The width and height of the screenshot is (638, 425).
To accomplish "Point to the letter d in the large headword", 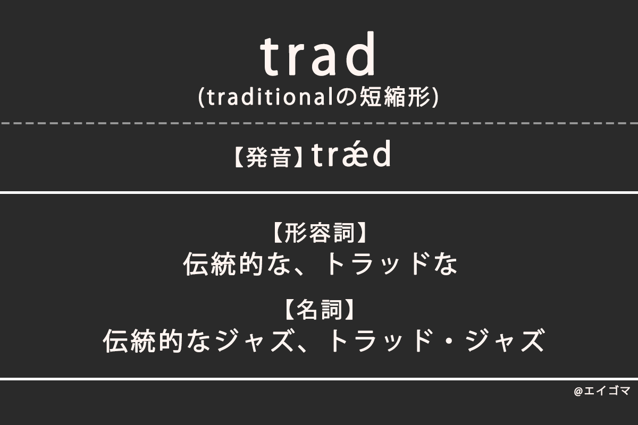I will pos(361,55).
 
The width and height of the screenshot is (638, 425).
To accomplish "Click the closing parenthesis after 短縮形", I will pos(435,98).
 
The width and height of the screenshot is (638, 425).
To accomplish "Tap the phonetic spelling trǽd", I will pos(351,156).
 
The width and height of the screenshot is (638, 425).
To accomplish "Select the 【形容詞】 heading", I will pos(319,234).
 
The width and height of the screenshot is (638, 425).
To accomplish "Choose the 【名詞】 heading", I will pos(319,310).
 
